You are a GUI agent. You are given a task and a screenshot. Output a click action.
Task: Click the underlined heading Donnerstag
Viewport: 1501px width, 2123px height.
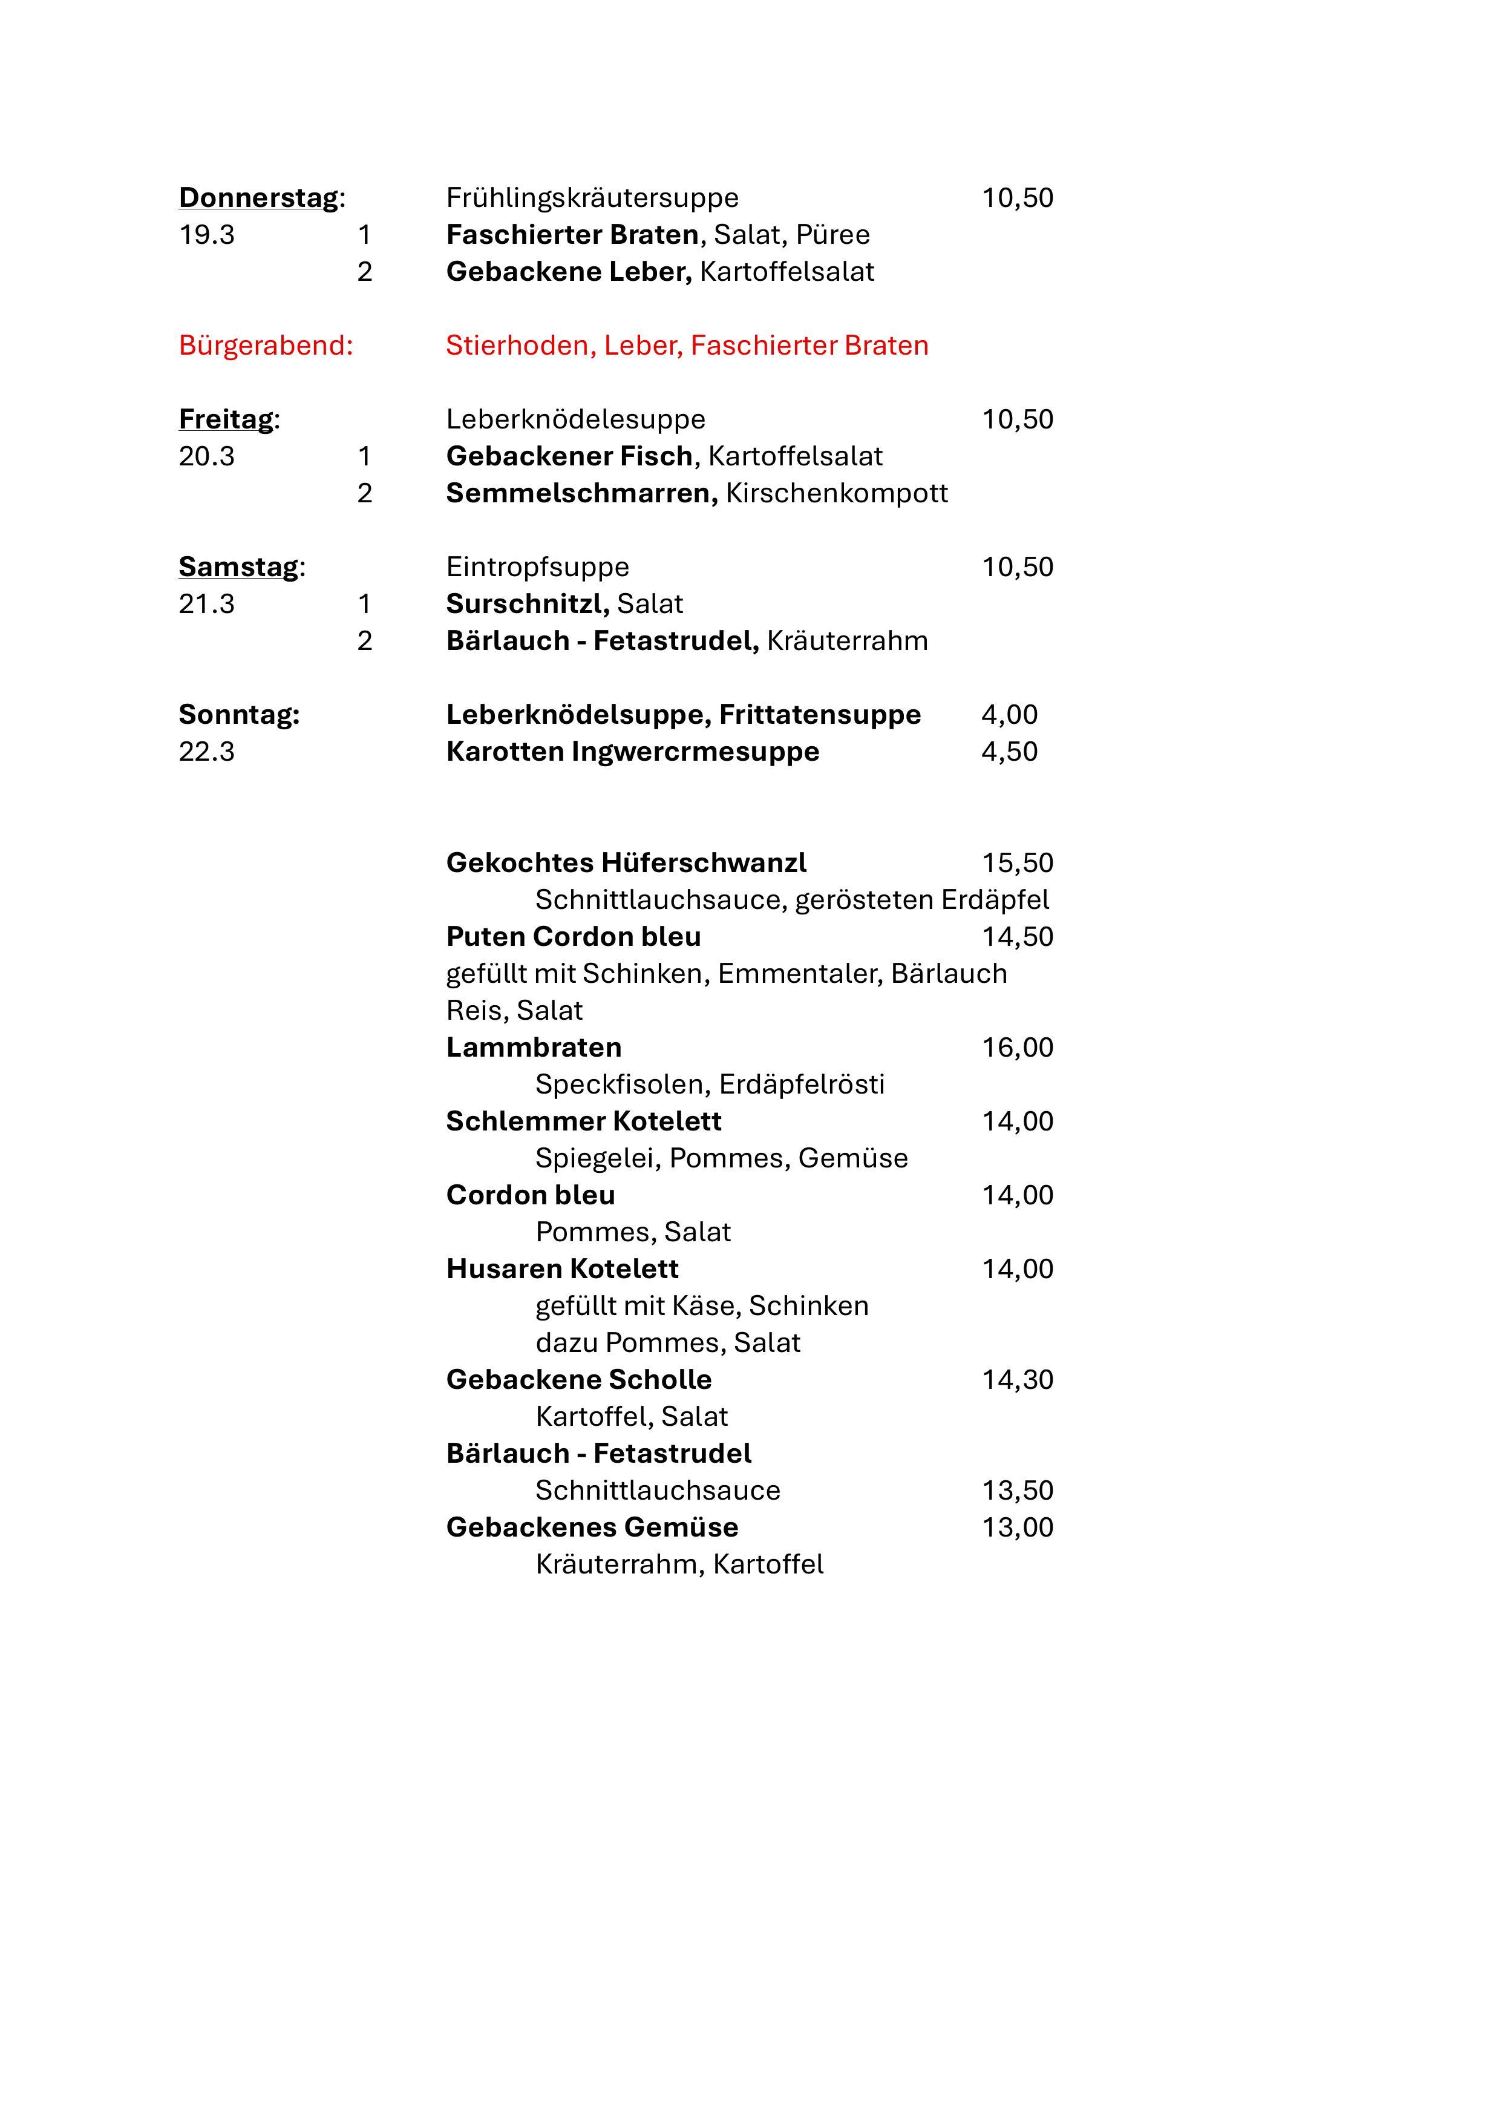point(259,198)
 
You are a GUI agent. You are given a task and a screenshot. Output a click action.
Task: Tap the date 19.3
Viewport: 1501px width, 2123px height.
point(206,235)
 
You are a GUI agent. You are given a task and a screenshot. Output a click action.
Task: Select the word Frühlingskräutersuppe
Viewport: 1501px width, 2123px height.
point(592,198)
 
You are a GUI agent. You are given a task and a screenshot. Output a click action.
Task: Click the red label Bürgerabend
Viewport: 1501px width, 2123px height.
point(265,346)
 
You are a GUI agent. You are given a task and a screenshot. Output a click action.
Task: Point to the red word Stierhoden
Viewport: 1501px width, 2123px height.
point(520,346)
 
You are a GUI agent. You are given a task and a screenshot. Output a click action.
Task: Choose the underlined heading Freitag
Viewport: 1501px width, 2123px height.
point(226,420)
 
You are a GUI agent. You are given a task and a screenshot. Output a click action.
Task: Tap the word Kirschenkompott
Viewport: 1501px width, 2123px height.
point(837,494)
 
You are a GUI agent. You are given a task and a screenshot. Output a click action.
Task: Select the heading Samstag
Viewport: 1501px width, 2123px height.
point(238,567)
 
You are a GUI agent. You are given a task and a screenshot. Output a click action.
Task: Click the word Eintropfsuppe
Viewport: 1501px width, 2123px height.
point(537,567)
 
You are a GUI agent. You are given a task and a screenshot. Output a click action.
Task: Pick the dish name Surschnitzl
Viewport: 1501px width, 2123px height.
point(526,604)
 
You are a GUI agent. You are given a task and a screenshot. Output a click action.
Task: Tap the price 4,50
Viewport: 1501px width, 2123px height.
point(1009,752)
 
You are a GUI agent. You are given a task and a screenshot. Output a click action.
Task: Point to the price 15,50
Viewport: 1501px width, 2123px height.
point(1016,863)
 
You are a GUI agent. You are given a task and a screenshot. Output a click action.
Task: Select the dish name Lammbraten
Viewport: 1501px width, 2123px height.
point(533,1048)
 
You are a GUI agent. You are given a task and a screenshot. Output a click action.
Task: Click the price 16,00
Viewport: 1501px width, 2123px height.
point(1016,1048)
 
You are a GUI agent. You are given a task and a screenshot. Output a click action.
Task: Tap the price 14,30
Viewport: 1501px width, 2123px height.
point(1016,1380)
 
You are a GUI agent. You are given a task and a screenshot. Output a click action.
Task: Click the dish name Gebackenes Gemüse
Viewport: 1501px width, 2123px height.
point(592,1527)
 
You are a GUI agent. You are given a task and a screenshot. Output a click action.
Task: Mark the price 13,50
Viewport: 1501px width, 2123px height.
point(1016,1491)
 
